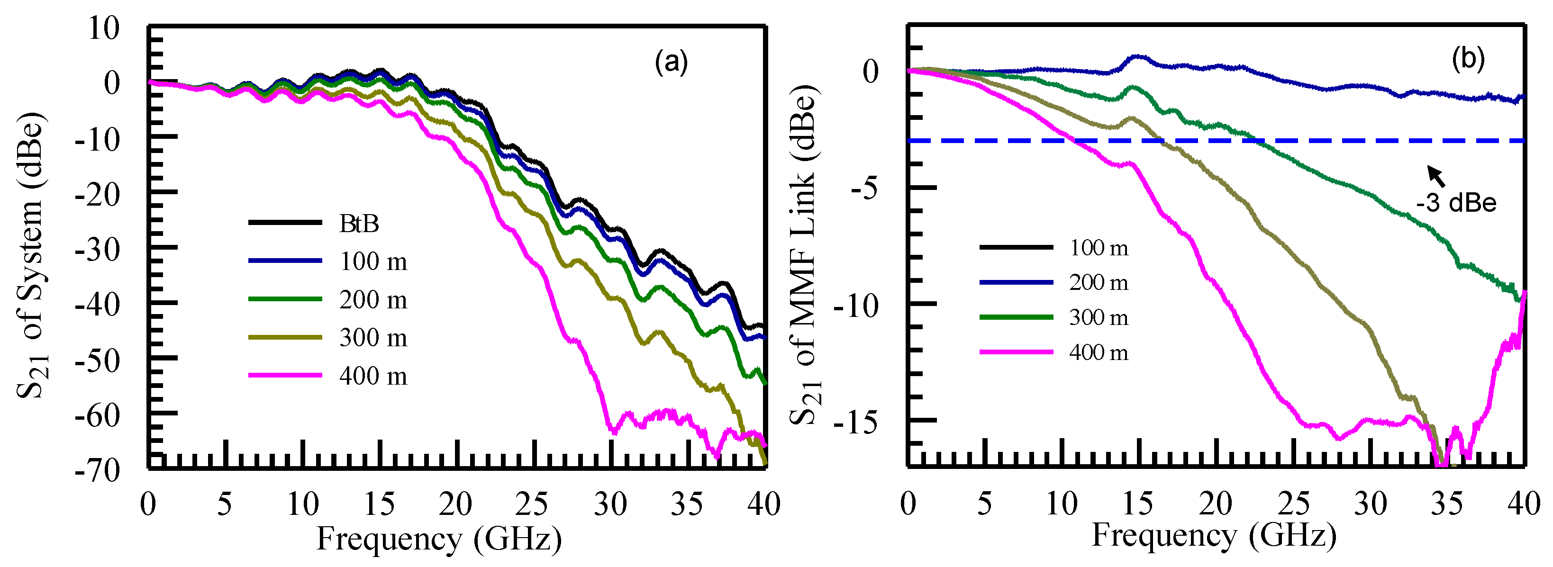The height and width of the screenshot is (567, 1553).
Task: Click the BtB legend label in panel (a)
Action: (x=359, y=224)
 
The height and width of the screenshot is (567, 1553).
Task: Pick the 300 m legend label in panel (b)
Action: (x=1099, y=317)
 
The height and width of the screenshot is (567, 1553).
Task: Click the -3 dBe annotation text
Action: (x=1456, y=203)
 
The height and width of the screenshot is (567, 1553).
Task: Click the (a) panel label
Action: (x=671, y=62)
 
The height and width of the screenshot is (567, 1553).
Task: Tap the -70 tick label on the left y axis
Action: (x=98, y=469)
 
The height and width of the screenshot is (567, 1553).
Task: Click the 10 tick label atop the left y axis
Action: (x=104, y=28)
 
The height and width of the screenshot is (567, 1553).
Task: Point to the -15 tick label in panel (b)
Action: (x=855, y=423)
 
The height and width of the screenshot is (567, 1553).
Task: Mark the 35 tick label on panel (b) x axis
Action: (x=1447, y=504)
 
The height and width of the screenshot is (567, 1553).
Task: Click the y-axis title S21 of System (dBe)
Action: (x=30, y=253)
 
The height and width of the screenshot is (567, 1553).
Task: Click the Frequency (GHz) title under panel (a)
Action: (x=439, y=538)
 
